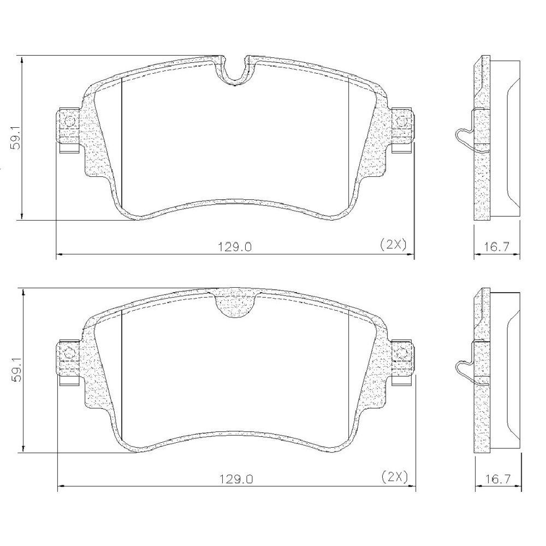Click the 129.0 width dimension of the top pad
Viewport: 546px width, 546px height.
click(x=234, y=247)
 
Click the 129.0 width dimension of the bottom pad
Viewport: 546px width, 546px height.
click(x=236, y=479)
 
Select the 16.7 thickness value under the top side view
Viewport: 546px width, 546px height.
click(x=496, y=247)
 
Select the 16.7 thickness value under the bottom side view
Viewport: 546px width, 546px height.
click(x=497, y=479)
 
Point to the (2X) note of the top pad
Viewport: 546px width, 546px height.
click(x=393, y=245)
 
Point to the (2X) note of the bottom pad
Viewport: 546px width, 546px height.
click(x=395, y=476)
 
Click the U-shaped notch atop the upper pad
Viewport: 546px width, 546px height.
click(x=235, y=81)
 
